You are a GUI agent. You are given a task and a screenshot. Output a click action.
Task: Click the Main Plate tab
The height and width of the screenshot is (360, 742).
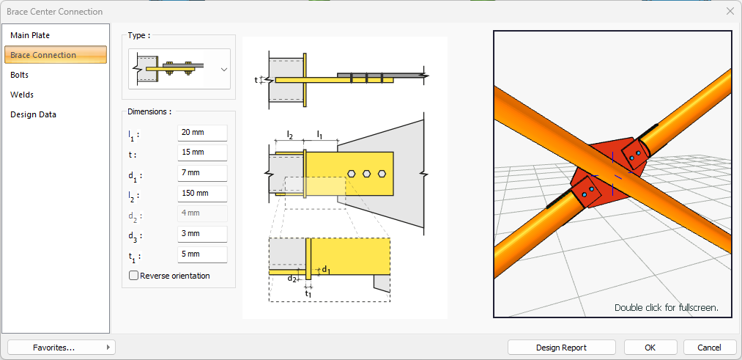(30, 35)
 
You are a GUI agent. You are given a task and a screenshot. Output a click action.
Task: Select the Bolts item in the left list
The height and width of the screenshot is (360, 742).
(20, 75)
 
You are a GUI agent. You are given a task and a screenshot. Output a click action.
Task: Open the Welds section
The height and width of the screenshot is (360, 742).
(22, 95)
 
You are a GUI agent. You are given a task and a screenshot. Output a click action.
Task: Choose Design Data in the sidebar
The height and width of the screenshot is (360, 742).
(33, 114)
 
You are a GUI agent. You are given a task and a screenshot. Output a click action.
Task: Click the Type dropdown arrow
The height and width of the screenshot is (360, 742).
(224, 69)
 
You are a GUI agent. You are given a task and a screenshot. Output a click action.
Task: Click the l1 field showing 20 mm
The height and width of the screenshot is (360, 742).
(202, 133)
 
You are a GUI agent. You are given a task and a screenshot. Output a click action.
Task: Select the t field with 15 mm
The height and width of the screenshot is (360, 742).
(202, 153)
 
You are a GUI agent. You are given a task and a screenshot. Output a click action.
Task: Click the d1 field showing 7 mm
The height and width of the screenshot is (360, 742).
(202, 173)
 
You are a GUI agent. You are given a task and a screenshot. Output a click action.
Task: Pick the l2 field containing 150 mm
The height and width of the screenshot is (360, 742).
(202, 194)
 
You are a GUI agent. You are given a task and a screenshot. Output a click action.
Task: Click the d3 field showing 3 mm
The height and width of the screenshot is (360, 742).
(202, 234)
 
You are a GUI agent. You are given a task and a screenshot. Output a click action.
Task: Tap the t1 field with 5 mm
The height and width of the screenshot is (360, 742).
(202, 254)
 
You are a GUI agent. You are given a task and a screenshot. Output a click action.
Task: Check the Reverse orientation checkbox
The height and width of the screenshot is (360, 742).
(134, 276)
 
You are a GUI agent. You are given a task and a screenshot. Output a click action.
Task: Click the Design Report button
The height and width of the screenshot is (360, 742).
(561, 348)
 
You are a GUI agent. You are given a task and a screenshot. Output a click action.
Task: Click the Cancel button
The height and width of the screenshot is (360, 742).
(709, 348)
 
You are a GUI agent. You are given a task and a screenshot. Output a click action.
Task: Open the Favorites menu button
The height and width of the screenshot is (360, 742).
(62, 348)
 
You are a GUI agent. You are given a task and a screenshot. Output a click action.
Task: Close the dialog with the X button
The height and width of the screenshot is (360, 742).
(730, 12)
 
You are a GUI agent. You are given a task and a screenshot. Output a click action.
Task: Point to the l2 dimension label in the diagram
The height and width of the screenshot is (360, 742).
(290, 135)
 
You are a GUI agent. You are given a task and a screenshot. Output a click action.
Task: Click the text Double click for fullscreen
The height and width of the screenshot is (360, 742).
(666, 308)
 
